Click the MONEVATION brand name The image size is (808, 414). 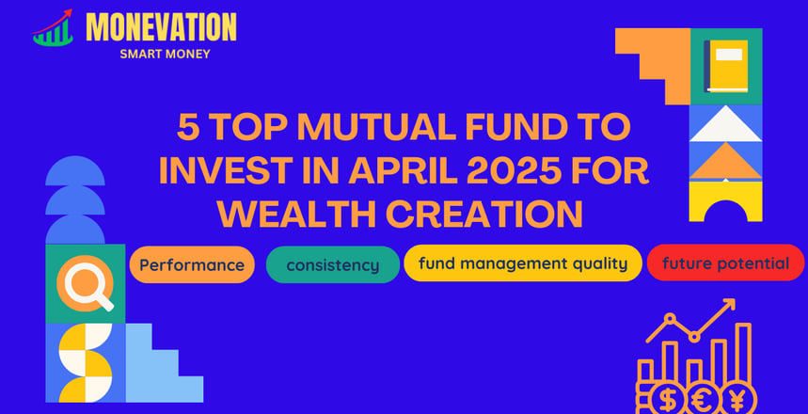coord(161,26)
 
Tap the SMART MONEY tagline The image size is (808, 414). coord(165,55)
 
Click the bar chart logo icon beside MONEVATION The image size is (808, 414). coord(53,28)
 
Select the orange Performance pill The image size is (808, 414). coord(192,265)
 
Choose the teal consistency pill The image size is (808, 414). coord(333,265)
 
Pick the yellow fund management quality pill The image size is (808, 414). coord(523,263)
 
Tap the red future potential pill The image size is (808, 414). coord(725,263)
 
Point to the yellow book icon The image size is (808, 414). coord(726,66)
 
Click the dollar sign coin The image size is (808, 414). coord(669,399)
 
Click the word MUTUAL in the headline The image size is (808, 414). coord(369,129)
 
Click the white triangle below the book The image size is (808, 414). coord(725,124)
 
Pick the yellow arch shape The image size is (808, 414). coord(725,201)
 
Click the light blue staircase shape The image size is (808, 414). coord(164,363)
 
